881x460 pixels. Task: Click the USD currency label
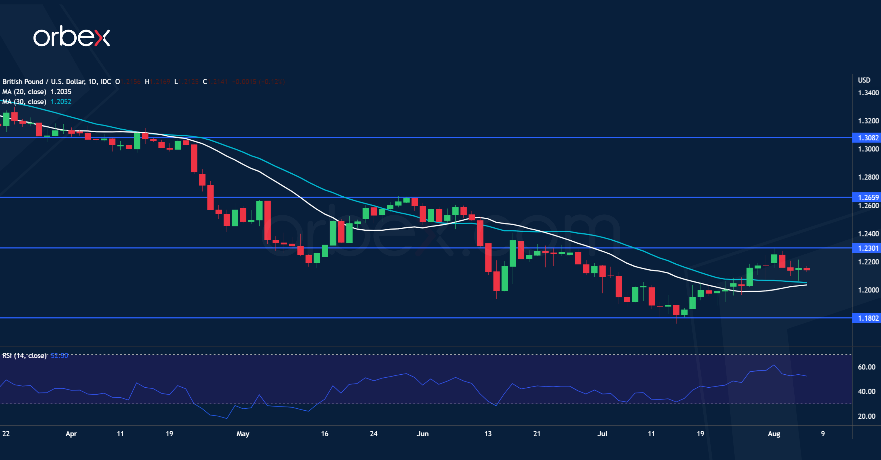(x=864, y=80)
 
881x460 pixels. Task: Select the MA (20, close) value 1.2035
(x=61, y=92)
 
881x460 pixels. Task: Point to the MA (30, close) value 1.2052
(x=61, y=101)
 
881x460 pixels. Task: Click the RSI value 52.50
(x=59, y=355)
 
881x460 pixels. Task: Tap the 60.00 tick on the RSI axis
(x=866, y=367)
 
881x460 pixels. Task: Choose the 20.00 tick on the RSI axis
(x=866, y=416)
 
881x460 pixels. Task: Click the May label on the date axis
(x=243, y=434)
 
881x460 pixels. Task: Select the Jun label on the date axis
(x=422, y=434)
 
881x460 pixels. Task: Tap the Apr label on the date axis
(x=71, y=434)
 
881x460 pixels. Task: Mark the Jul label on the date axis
(x=602, y=434)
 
